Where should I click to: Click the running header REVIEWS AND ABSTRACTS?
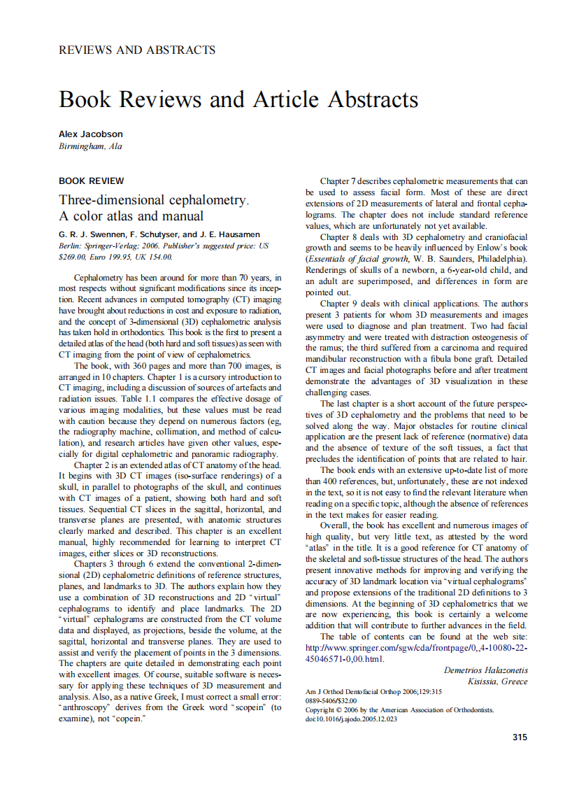pyautogui.click(x=137, y=50)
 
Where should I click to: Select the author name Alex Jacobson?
pyautogui.click(x=91, y=134)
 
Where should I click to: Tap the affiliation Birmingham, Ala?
pyautogui.click(x=90, y=146)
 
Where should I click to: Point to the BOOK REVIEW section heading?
pyautogui.click(x=92, y=181)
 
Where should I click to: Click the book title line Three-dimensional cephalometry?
pyautogui.click(x=154, y=200)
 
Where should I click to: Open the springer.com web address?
pyautogui.click(x=416, y=648)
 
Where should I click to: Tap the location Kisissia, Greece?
pyautogui.click(x=497, y=681)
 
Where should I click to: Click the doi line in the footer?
pyautogui.click(x=352, y=719)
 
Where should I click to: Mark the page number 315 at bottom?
pyautogui.click(x=520, y=737)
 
